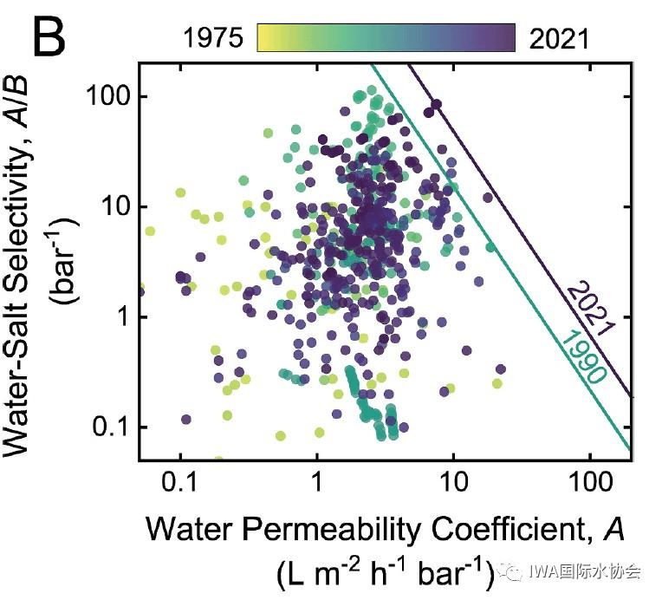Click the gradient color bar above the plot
(x=386, y=38)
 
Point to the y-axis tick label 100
(x=105, y=96)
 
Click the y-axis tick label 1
(x=121, y=317)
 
